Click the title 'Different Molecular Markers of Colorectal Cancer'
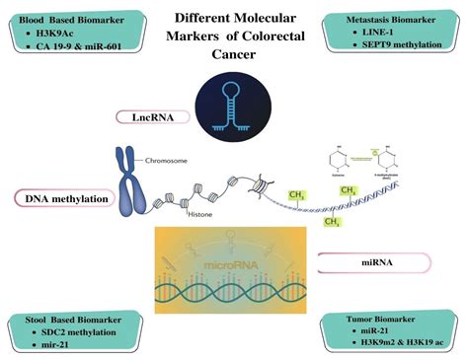point(234,34)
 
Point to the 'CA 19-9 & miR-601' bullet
point(80,47)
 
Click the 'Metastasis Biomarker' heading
point(399,19)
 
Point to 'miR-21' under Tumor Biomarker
point(379,335)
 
